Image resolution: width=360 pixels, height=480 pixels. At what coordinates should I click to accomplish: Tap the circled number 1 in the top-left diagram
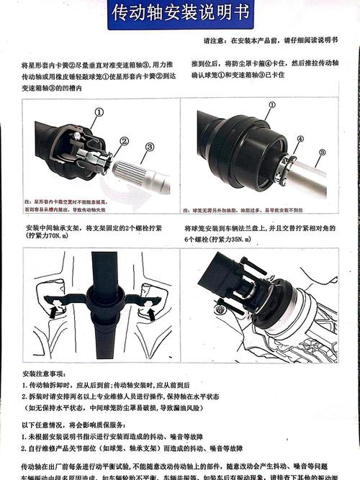[99, 112]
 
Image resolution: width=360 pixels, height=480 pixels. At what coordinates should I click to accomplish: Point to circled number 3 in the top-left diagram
[150, 148]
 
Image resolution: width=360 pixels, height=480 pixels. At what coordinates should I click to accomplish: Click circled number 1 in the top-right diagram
[271, 104]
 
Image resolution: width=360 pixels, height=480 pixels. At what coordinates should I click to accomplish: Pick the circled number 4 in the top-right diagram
[299, 138]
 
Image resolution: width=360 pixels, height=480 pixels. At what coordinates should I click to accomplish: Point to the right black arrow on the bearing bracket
[151, 313]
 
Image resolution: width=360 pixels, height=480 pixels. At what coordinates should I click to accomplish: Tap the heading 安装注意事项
[44, 374]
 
